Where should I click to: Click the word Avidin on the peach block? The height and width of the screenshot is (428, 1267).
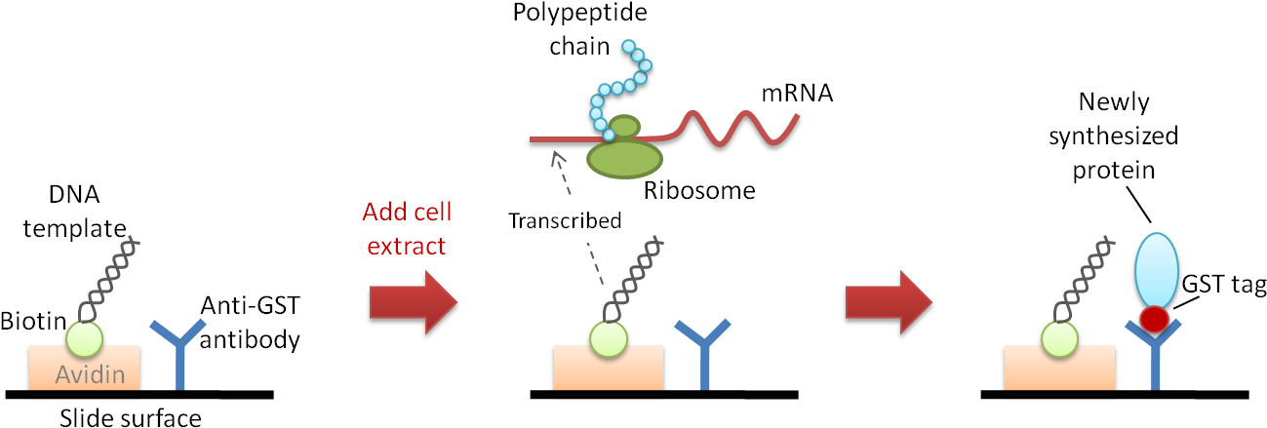[x=90, y=374]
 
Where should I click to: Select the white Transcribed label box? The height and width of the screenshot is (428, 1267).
[x=565, y=220]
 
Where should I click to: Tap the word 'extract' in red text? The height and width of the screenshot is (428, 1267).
[x=406, y=246]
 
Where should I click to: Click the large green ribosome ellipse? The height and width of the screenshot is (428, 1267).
[x=624, y=157]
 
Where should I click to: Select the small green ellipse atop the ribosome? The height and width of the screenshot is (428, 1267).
[x=624, y=127]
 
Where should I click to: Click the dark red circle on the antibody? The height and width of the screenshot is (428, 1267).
[x=1154, y=319]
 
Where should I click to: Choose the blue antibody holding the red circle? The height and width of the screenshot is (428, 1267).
[x=1155, y=361]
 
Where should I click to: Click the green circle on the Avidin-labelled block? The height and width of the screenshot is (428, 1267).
[x=84, y=338]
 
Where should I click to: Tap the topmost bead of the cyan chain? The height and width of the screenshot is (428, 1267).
[x=628, y=46]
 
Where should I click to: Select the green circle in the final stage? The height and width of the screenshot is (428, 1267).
[x=1059, y=338]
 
